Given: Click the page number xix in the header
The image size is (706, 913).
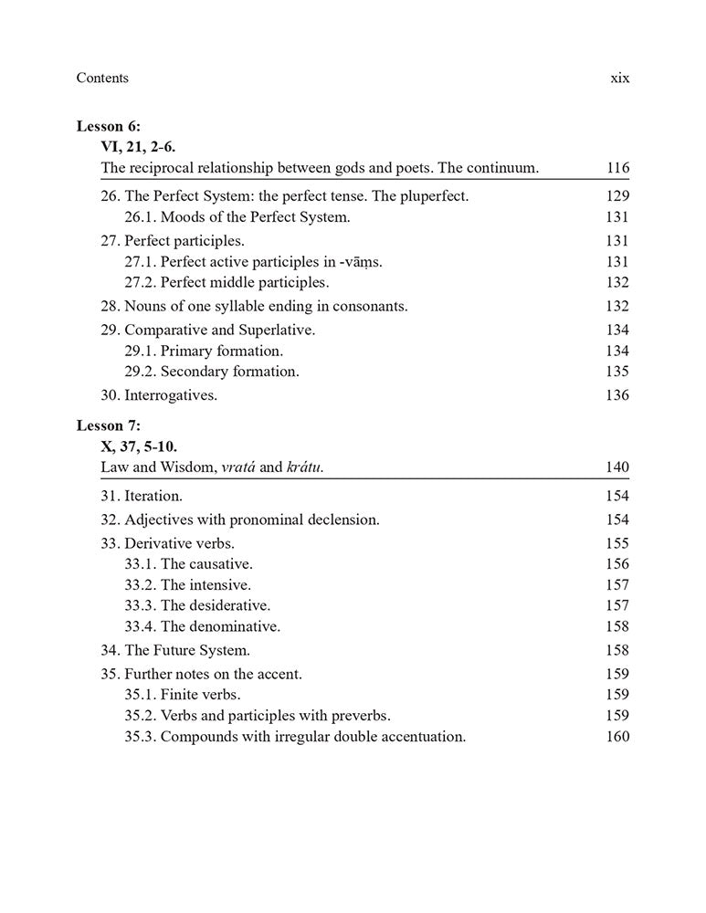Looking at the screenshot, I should (x=619, y=79).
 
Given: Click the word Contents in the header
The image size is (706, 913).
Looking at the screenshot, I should (x=102, y=79).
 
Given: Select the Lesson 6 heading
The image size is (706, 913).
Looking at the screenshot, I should (x=109, y=126).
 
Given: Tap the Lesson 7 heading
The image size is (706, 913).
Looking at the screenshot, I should (x=109, y=425).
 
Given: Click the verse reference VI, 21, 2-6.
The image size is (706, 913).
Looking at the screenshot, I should (x=138, y=146).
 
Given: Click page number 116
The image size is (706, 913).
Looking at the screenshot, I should (x=617, y=168).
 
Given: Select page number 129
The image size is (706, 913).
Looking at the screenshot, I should (x=617, y=196).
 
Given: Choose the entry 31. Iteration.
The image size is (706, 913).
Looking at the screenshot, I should (x=142, y=497).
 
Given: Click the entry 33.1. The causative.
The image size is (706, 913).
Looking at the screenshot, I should (x=188, y=564).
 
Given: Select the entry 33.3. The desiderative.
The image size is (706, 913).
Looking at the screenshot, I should (x=197, y=604).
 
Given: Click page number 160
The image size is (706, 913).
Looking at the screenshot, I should (x=617, y=737).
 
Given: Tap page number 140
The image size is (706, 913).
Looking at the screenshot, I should (x=617, y=468).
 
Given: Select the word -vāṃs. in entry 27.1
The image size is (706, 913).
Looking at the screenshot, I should (x=361, y=262).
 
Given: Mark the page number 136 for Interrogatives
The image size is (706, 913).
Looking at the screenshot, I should (x=617, y=395).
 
